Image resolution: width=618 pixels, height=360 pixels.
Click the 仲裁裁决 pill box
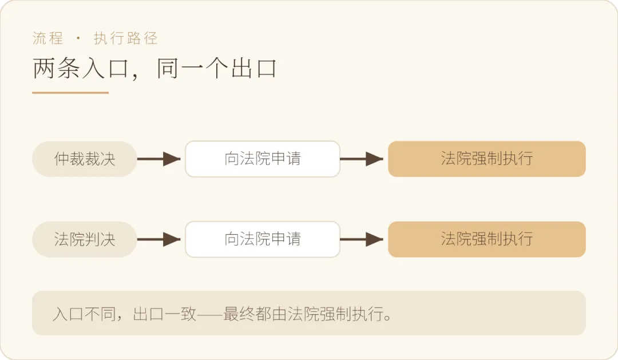click(84, 159)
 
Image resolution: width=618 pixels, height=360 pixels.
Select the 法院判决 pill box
click(84, 239)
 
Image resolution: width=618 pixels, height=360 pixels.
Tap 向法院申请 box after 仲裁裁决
click(263, 159)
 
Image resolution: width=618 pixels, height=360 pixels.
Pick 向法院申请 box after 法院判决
click(263, 239)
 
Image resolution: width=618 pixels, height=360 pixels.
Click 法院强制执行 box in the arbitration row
click(487, 159)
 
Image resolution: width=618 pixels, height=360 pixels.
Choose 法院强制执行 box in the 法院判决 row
click(487, 239)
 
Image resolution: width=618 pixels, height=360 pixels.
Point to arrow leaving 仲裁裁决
click(159, 159)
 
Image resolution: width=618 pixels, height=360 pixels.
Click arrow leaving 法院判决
click(159, 239)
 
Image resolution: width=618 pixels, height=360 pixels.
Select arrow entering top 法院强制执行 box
click(362, 159)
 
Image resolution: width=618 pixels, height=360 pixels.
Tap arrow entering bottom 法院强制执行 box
click(362, 239)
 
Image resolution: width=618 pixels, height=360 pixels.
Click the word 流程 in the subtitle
click(47, 38)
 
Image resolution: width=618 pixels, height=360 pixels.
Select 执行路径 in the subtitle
click(126, 38)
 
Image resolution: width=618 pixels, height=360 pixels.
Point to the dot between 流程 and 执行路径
click(78, 38)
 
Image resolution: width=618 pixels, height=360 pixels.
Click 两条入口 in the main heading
click(81, 68)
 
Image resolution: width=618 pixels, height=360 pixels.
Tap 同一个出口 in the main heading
click(216, 68)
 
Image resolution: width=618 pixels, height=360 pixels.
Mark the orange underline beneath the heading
click(70, 93)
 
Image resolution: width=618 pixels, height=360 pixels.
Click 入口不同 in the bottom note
click(84, 314)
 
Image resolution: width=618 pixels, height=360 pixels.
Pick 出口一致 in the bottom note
click(165, 314)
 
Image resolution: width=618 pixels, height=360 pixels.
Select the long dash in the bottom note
click(210, 314)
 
